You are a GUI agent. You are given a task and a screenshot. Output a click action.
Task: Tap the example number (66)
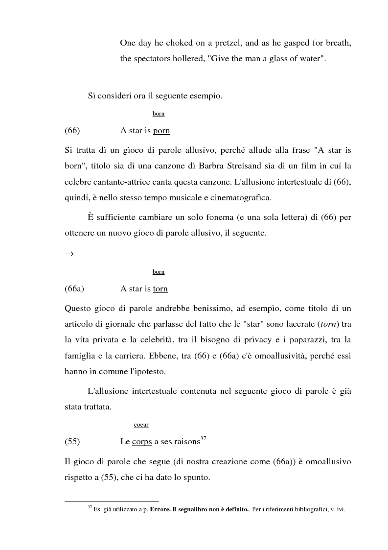(x=72, y=131)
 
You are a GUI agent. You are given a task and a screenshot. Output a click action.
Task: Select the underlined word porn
(x=161, y=131)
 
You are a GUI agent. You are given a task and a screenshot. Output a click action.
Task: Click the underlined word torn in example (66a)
(x=160, y=289)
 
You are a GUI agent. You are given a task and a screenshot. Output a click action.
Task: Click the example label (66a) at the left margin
(x=74, y=289)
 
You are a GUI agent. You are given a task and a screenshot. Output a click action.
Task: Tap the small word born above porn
(x=159, y=114)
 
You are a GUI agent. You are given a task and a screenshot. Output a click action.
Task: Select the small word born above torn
(x=159, y=272)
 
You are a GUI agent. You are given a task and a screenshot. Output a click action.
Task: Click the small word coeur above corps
(x=141, y=425)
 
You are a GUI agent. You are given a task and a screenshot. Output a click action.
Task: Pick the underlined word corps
(x=142, y=442)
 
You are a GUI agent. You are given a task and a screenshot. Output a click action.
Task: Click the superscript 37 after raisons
(x=204, y=438)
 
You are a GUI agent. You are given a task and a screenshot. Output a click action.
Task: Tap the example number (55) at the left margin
(x=72, y=442)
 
